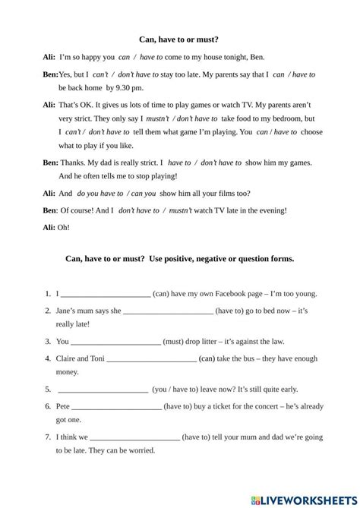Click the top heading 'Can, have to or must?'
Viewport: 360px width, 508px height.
coord(180,36)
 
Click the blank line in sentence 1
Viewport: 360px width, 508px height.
coord(105,295)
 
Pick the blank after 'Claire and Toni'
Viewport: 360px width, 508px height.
coord(152,358)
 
